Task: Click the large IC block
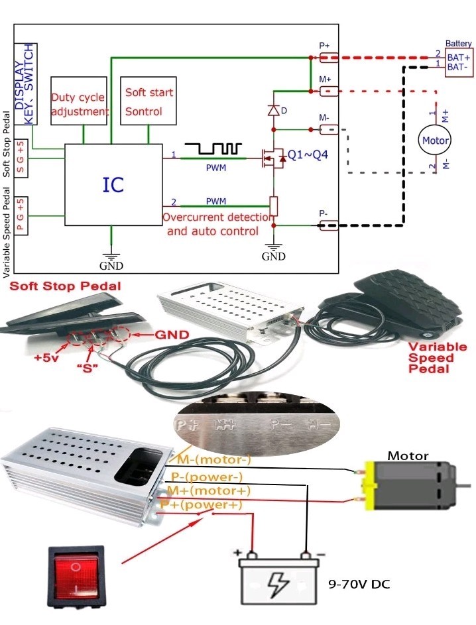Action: (113, 184)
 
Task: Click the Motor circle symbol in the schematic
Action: (436, 141)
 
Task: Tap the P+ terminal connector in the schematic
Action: (329, 58)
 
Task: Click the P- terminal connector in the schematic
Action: (329, 225)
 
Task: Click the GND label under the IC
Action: (111, 265)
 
